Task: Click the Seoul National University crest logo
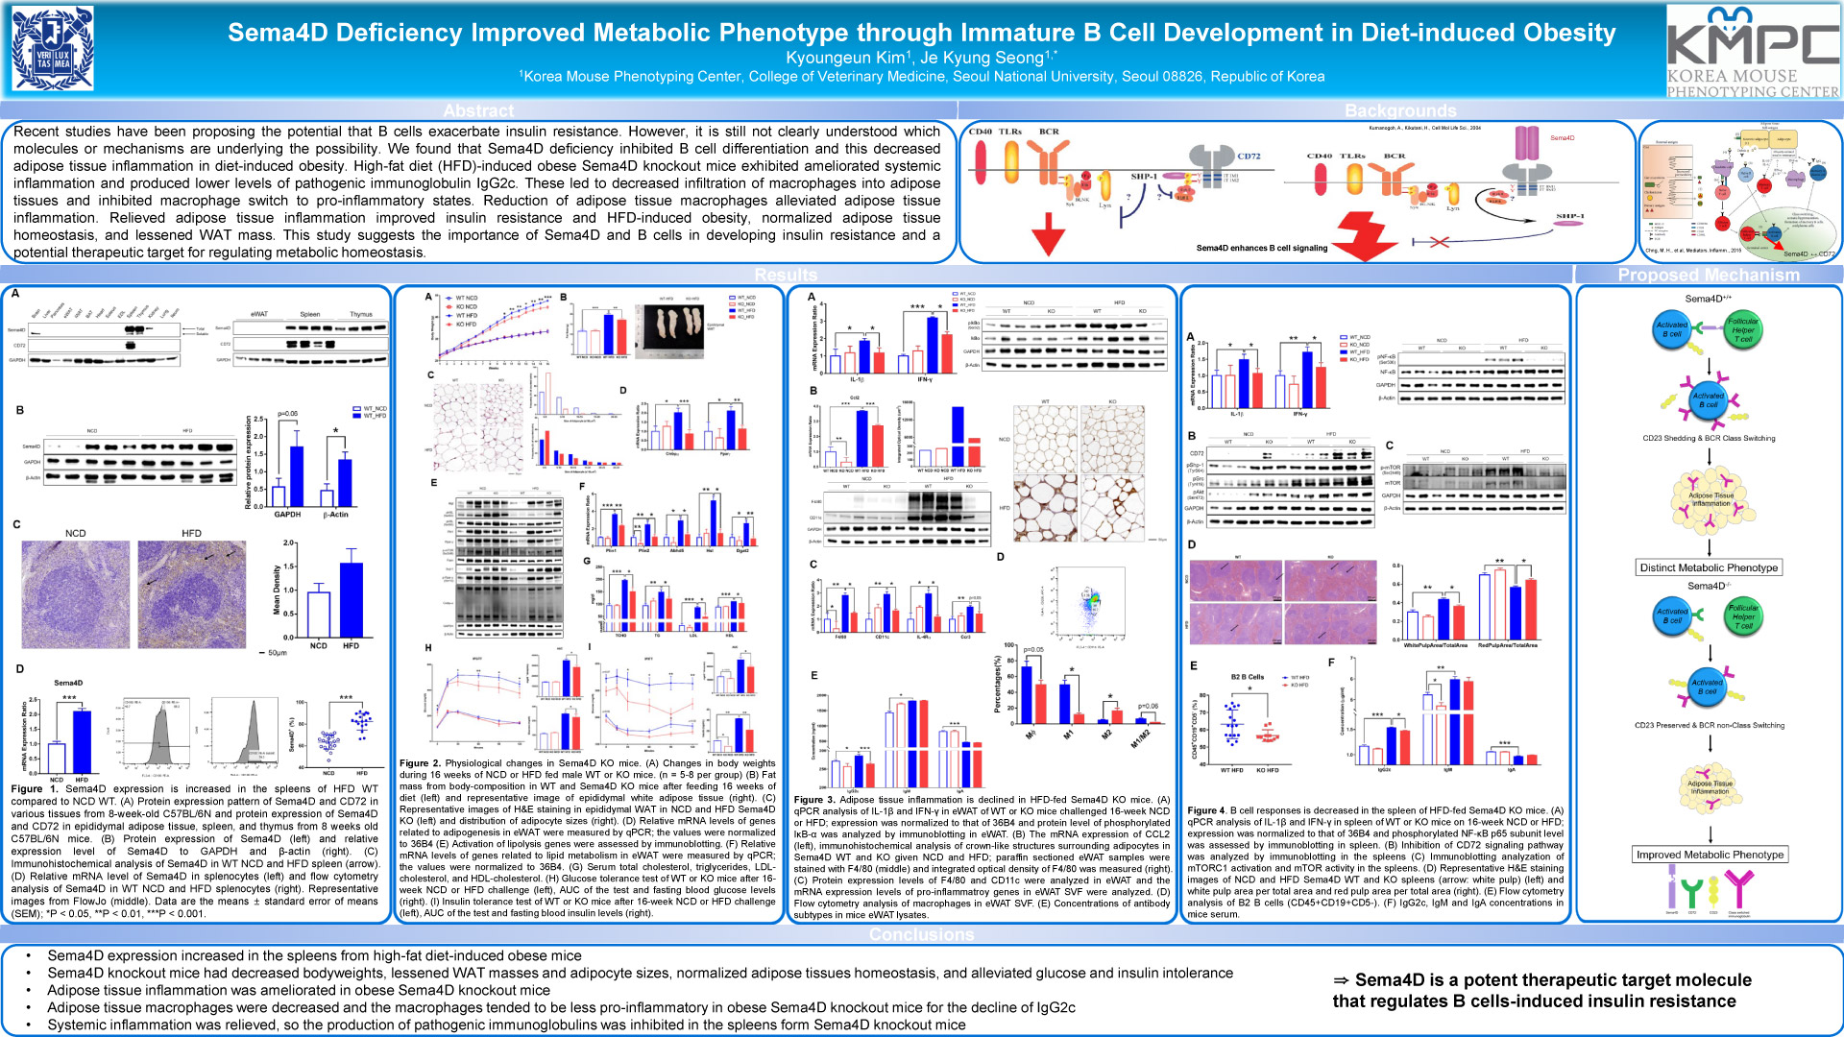pyautogui.click(x=53, y=49)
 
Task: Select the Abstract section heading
pyautogui.click(x=478, y=110)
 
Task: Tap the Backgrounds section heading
pyautogui.click(x=1400, y=110)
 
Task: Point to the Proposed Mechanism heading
pyautogui.click(x=1709, y=275)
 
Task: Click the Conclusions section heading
pyautogui.click(x=921, y=934)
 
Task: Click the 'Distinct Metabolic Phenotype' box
pyautogui.click(x=1709, y=567)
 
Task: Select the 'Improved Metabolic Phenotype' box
pyautogui.click(x=1710, y=855)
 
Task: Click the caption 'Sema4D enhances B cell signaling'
pyautogui.click(x=1261, y=248)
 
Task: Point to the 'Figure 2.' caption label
pyautogui.click(x=420, y=763)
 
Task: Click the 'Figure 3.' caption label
pyautogui.click(x=814, y=799)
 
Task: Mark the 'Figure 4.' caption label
pyautogui.click(x=1206, y=810)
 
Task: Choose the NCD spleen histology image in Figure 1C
pyautogui.click(x=75, y=593)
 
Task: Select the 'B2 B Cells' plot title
pyautogui.click(x=1247, y=677)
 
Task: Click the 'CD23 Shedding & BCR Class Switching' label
pyautogui.click(x=1709, y=438)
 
